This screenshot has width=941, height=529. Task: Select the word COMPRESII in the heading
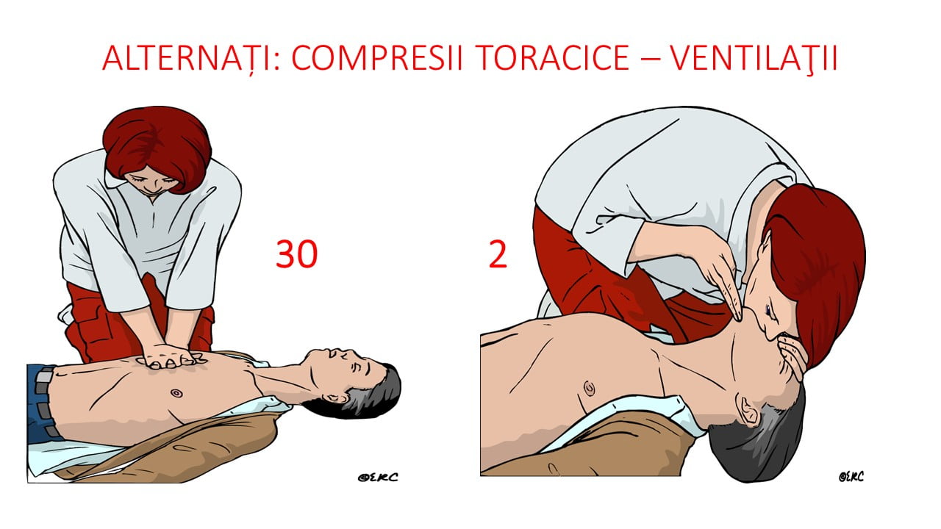click(x=377, y=57)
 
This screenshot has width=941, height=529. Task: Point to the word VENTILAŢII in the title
click(x=754, y=58)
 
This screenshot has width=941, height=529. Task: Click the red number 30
click(x=296, y=254)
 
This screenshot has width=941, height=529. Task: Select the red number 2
click(x=498, y=254)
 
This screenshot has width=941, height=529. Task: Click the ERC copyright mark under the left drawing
click(x=378, y=477)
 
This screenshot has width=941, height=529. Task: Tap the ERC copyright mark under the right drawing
click(x=851, y=477)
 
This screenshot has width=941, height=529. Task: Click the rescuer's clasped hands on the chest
click(x=169, y=357)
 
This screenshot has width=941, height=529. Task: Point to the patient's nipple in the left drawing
click(x=176, y=393)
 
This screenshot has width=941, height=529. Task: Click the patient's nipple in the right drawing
click(x=589, y=389)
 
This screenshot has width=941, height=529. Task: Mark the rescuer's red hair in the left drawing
click(x=157, y=145)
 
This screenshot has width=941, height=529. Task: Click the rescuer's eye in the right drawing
click(x=770, y=311)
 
